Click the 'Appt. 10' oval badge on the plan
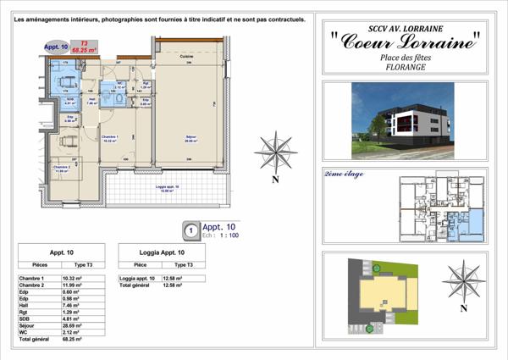57,47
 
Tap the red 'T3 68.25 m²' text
83,47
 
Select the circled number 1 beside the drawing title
191,229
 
